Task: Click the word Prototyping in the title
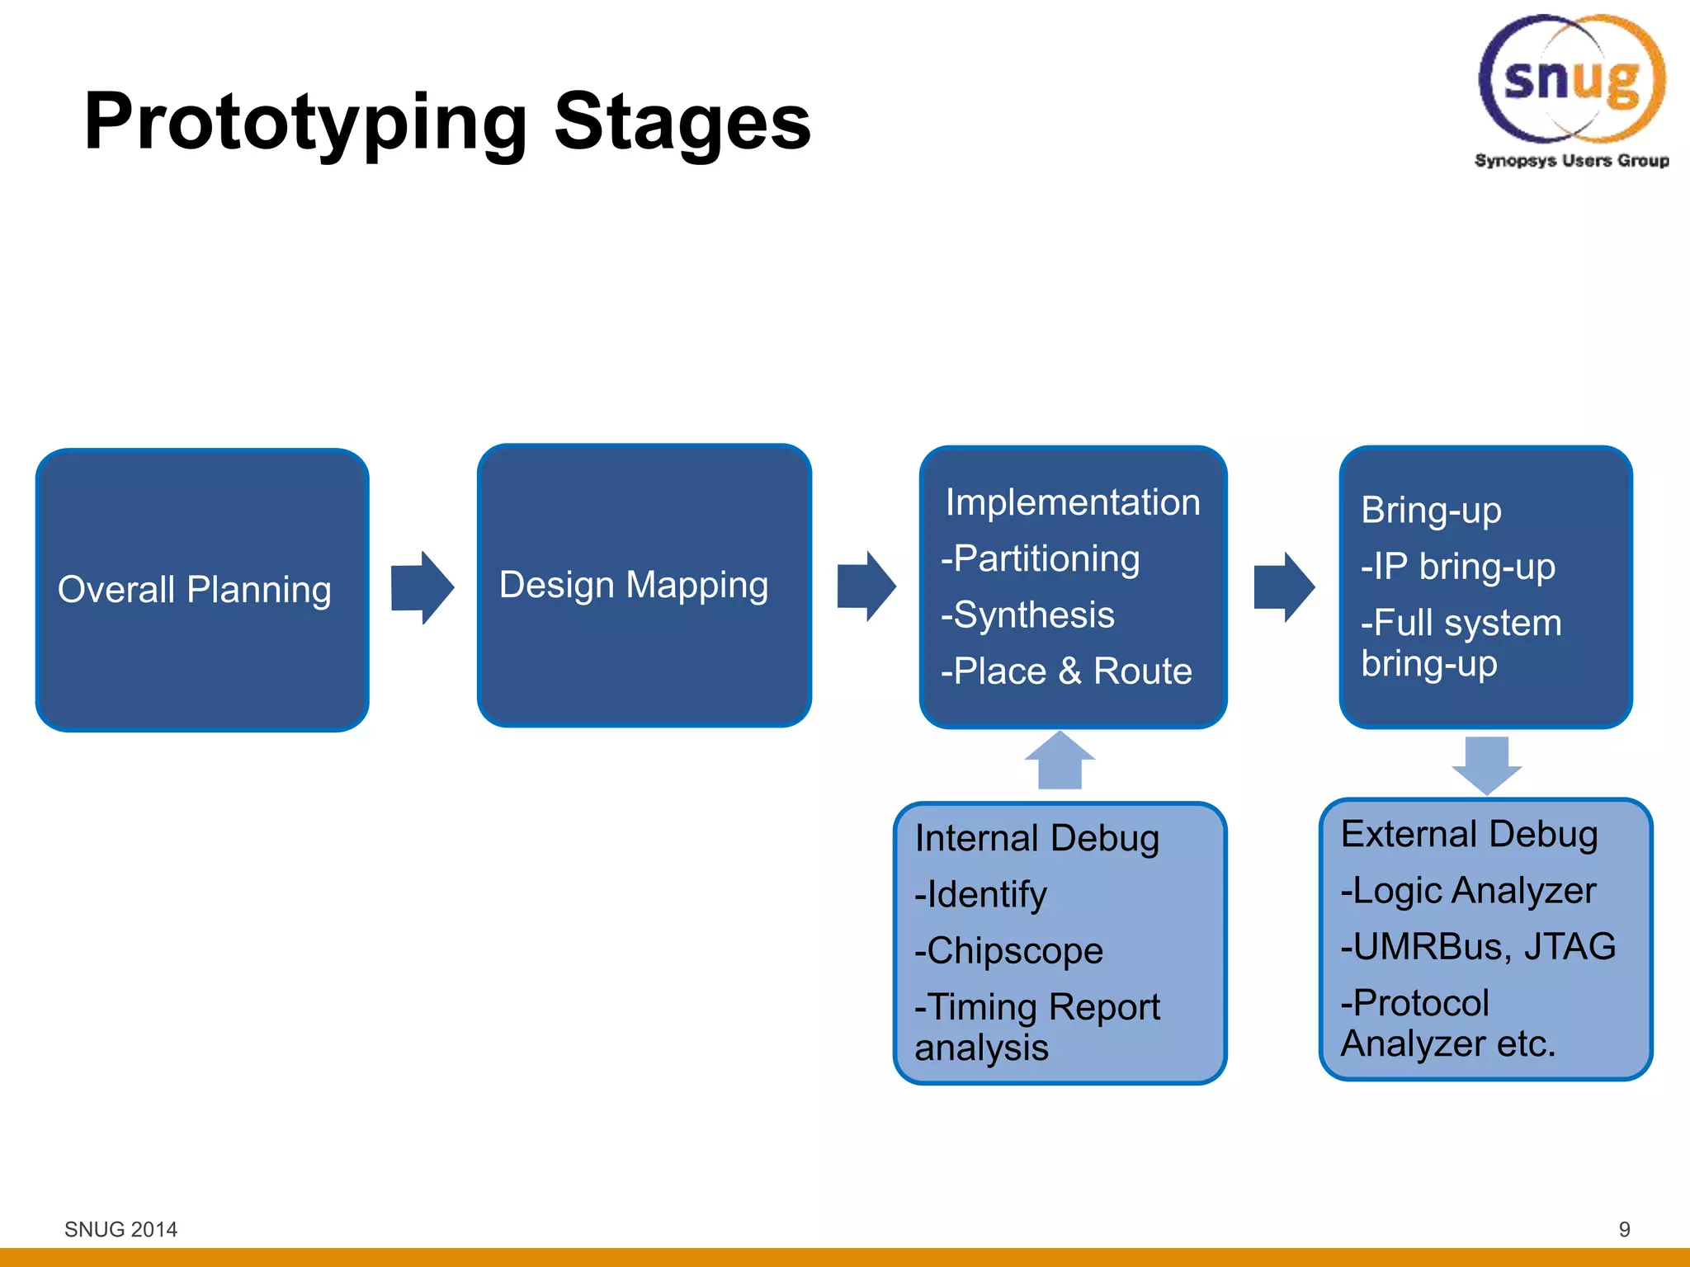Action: (305, 124)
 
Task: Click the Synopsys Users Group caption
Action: (1571, 161)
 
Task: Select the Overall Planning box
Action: (202, 590)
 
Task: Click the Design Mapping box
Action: (644, 585)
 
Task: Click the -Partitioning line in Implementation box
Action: (1041, 559)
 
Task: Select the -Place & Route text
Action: (1067, 671)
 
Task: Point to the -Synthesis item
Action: (1028, 615)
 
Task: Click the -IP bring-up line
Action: (1458, 568)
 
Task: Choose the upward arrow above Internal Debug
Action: (1060, 761)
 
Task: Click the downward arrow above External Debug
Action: (1487, 765)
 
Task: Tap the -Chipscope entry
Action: (1009, 951)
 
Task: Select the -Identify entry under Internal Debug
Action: (981, 895)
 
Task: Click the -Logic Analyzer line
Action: (1469, 891)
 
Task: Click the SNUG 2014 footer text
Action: (120, 1229)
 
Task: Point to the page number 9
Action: (1624, 1229)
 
